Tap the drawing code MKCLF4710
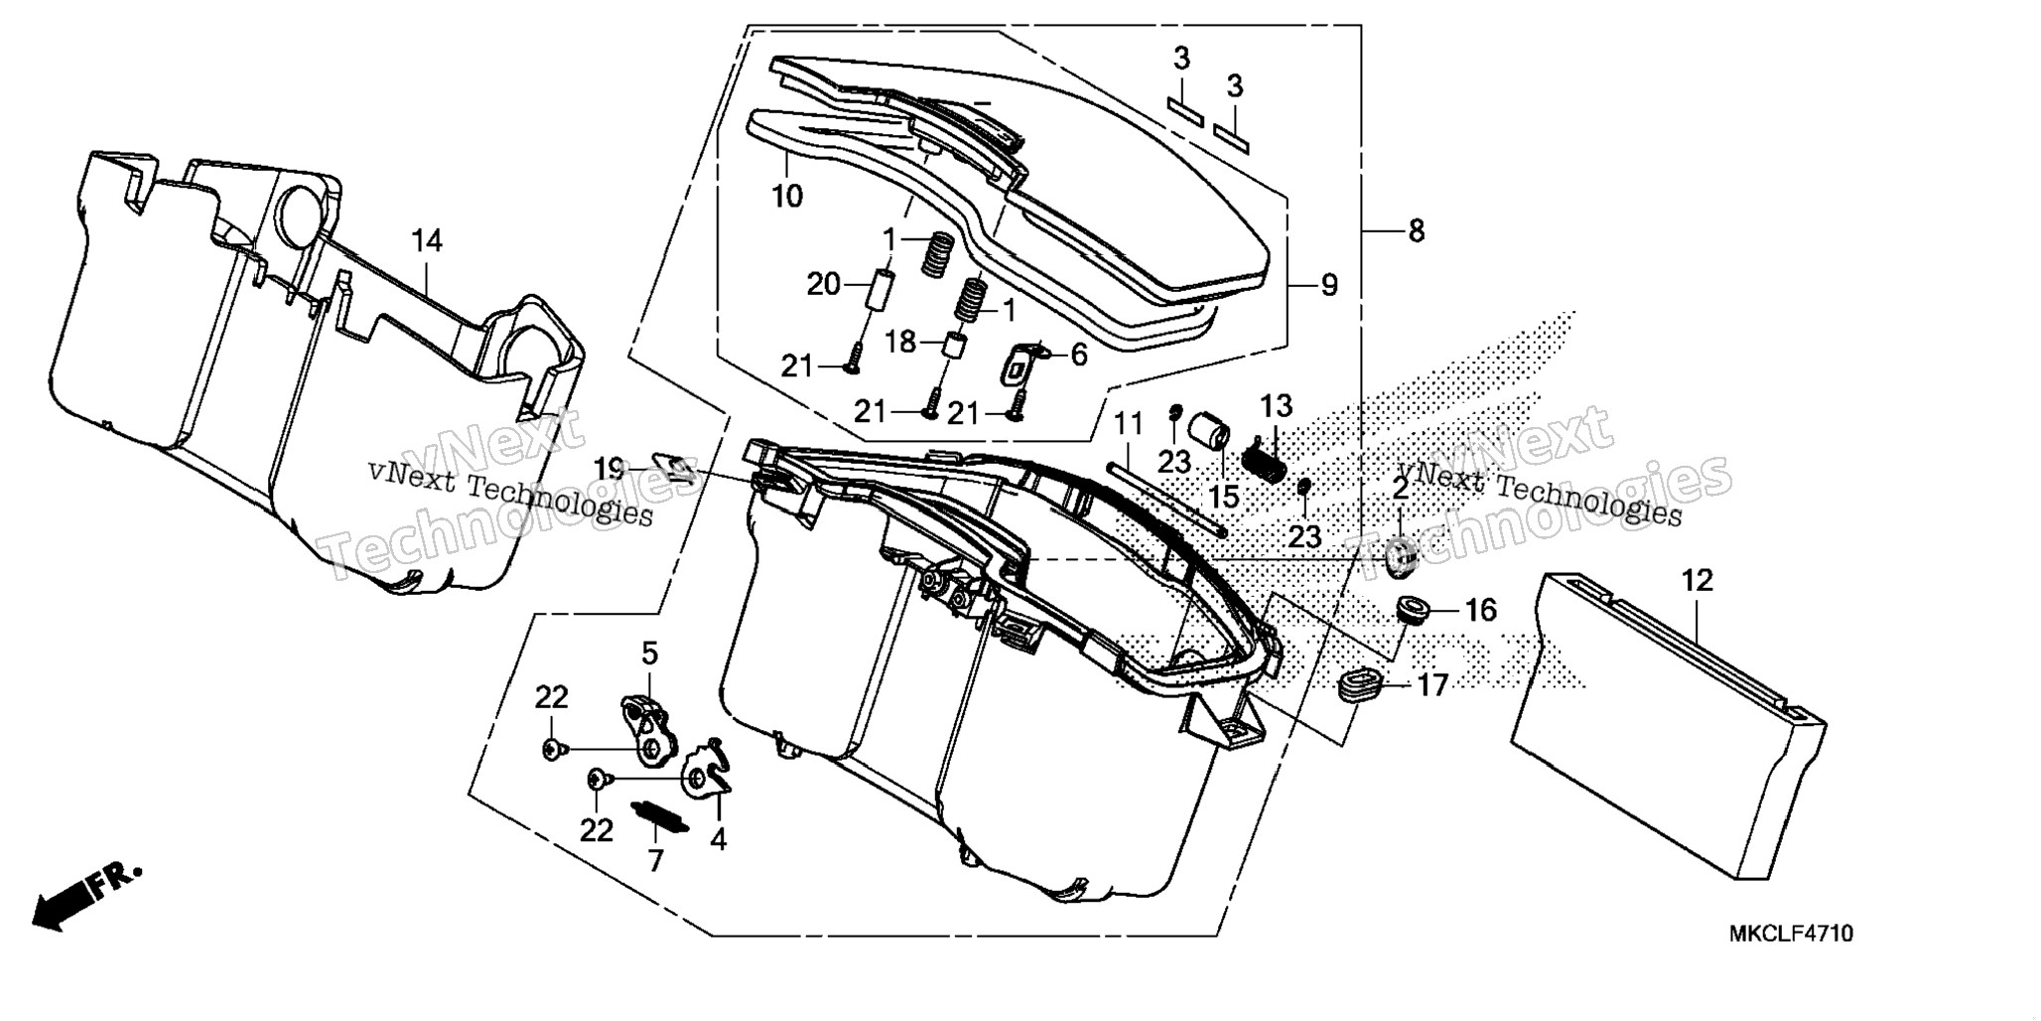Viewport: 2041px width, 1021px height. point(1791,935)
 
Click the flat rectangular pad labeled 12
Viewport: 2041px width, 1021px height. point(1668,725)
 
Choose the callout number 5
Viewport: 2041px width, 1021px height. point(649,654)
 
